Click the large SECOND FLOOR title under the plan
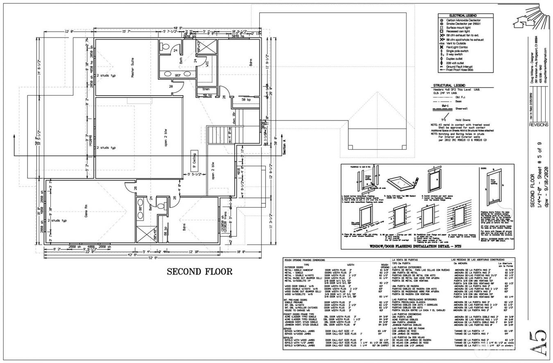[199, 272]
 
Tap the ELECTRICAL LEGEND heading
[465, 16]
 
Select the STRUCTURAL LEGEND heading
[449, 86]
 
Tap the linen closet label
[206, 89]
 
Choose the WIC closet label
[207, 64]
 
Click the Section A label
[284, 146]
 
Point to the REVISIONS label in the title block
[538, 125]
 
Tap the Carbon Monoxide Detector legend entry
[463, 20]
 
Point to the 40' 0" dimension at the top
[178, 28]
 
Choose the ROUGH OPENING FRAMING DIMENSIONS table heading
[305, 260]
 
